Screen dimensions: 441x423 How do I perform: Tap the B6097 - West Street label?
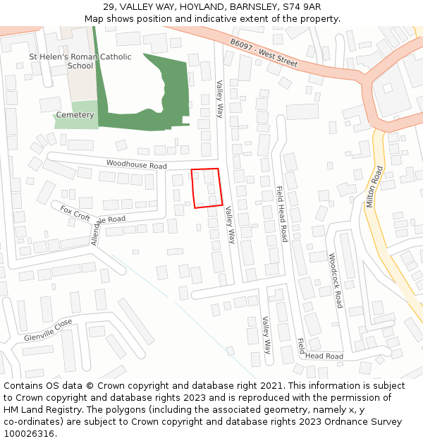[264, 53]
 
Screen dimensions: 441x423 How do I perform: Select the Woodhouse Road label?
[136, 164]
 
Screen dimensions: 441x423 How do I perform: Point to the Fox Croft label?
[75, 212]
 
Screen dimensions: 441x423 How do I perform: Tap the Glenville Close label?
[48, 330]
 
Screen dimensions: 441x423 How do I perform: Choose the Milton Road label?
[374, 186]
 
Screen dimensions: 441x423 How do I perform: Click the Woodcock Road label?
[335, 280]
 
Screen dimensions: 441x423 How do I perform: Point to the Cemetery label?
[75, 115]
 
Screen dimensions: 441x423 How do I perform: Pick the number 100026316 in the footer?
[28, 434]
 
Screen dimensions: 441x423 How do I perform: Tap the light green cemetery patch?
[78, 120]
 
